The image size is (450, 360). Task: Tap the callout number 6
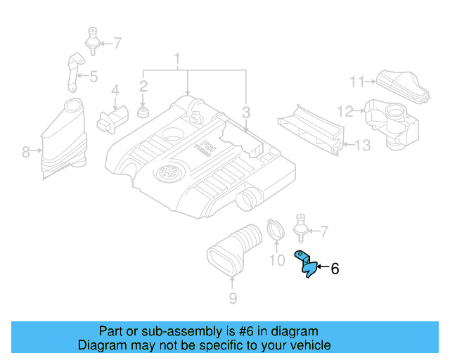[x=335, y=269]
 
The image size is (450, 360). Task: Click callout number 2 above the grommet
[x=143, y=86]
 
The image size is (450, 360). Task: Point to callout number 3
[x=246, y=112]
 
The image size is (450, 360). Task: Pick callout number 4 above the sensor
[x=115, y=90]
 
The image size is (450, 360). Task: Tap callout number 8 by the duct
[x=25, y=151]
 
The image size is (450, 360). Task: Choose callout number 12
[x=345, y=110]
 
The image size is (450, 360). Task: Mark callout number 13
[x=361, y=146]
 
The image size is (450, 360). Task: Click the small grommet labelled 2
[x=143, y=112]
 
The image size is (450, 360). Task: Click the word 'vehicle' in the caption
[x=308, y=345]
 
